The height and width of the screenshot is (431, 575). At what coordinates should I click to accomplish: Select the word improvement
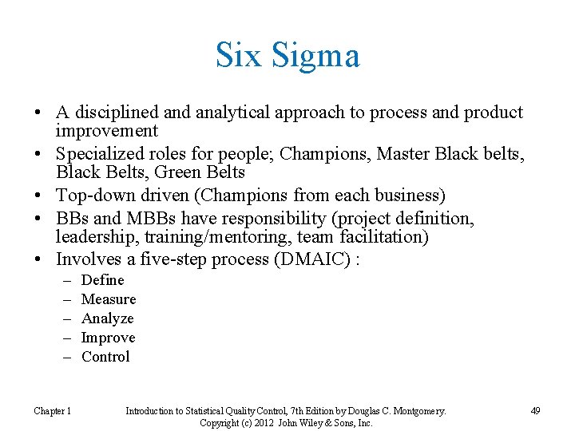pyautogui.click(x=107, y=131)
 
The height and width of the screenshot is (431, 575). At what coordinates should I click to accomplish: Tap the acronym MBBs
pyautogui.click(x=138, y=219)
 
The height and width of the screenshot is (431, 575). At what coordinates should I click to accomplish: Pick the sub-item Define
pyautogui.click(x=103, y=280)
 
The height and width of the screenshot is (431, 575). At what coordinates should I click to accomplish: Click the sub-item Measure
pyautogui.click(x=109, y=299)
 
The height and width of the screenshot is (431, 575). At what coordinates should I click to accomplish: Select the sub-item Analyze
pyautogui.click(x=108, y=318)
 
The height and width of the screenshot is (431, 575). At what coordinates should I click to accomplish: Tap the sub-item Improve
pyautogui.click(x=109, y=338)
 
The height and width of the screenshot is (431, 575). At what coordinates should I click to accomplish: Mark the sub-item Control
pyautogui.click(x=105, y=357)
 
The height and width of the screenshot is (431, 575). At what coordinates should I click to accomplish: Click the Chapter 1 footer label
pyautogui.click(x=52, y=411)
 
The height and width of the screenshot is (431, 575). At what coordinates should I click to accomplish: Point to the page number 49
pyautogui.click(x=534, y=411)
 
